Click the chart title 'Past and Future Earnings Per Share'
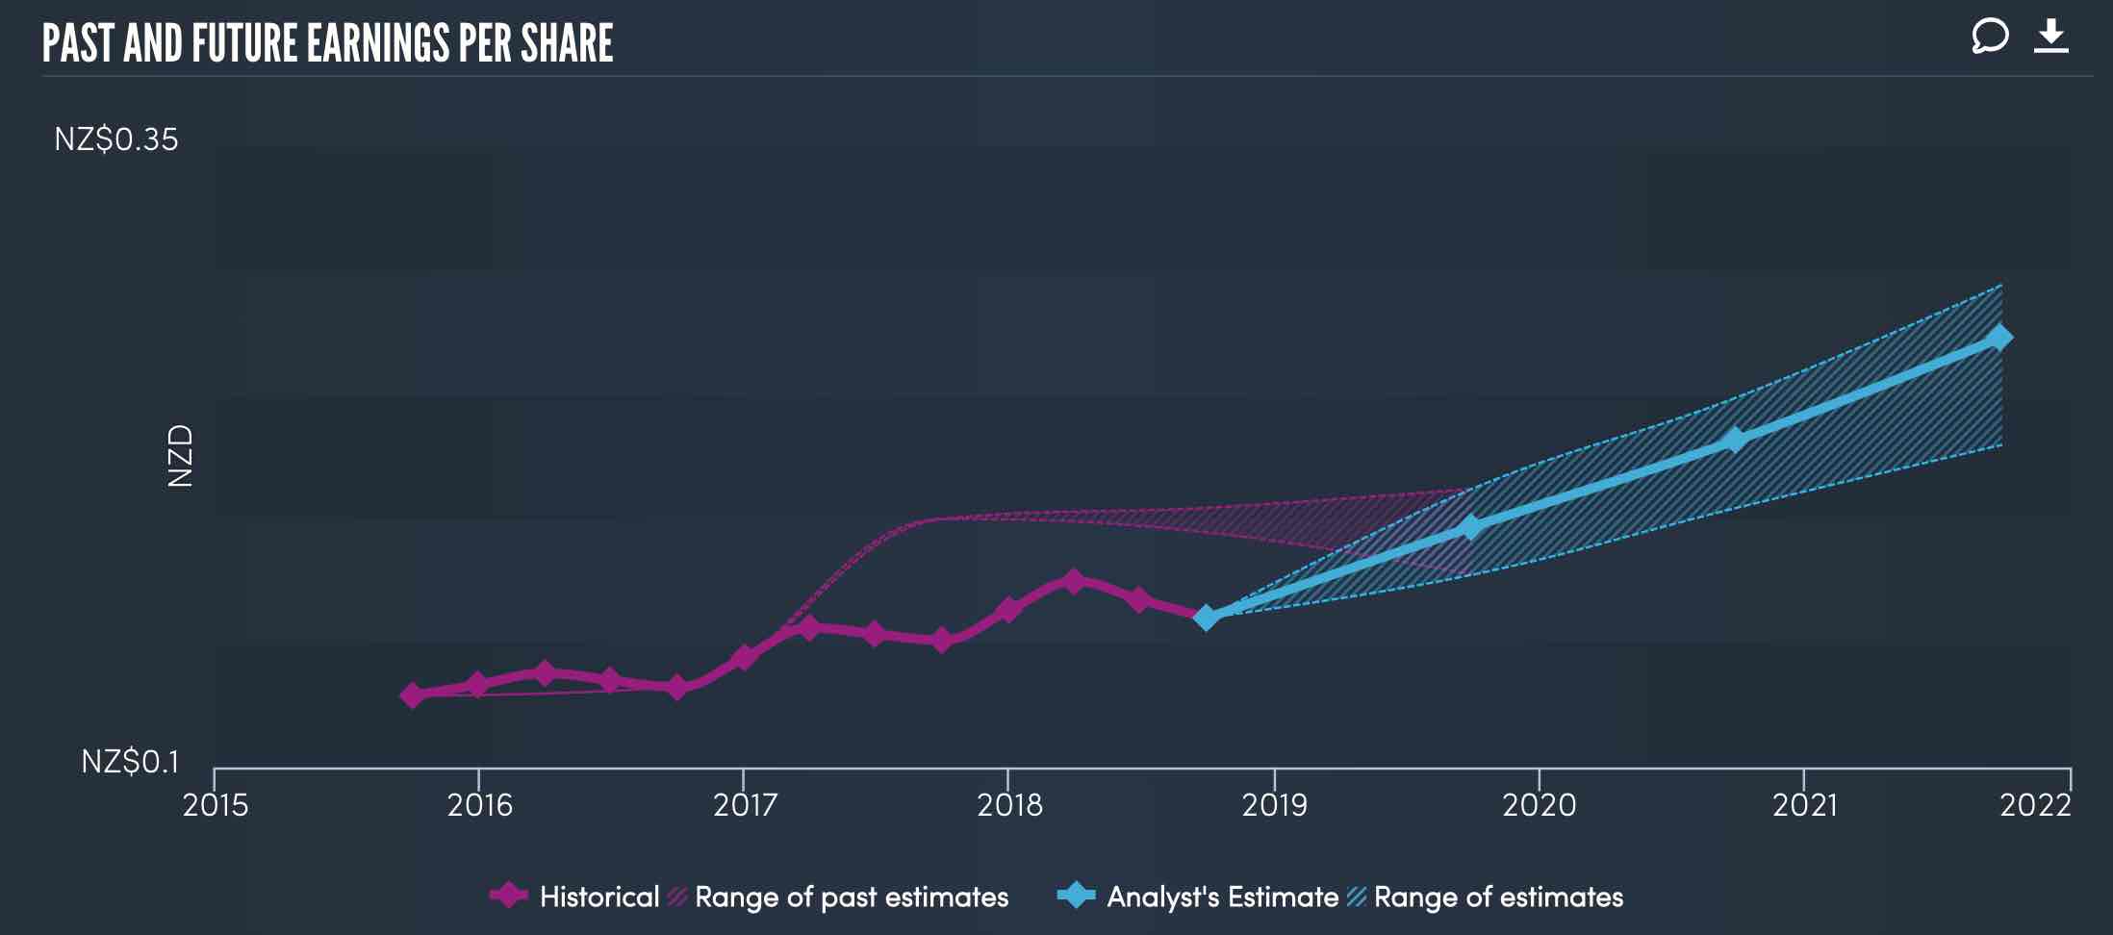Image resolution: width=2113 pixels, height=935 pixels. point(327,43)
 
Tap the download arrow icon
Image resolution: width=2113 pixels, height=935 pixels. point(2050,37)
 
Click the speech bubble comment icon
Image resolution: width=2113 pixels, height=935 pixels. point(1990,37)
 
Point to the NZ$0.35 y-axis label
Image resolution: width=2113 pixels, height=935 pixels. point(116,139)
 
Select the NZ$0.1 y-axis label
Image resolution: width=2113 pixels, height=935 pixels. point(130,762)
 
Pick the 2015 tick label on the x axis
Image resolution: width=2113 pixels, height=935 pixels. point(216,805)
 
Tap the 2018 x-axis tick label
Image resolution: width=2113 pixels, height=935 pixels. point(1009,805)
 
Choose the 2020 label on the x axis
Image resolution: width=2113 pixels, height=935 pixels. point(1539,805)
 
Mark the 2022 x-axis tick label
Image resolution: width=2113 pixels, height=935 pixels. point(2035,805)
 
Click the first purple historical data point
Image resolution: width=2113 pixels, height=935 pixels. point(413,695)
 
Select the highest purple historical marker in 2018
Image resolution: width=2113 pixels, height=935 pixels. point(1074,581)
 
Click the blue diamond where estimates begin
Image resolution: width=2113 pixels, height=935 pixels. point(1206,618)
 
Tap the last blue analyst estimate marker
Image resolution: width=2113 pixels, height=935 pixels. point(1999,338)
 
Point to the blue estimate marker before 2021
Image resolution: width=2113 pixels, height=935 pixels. point(1734,440)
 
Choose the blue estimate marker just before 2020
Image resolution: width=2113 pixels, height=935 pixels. point(1469,527)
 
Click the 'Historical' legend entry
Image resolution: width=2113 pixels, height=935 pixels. point(598,897)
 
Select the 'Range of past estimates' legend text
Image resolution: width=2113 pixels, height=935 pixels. point(851,897)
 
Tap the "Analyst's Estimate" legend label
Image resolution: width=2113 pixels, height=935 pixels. point(1222,897)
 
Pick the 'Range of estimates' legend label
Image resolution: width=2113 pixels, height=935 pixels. point(1498,897)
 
